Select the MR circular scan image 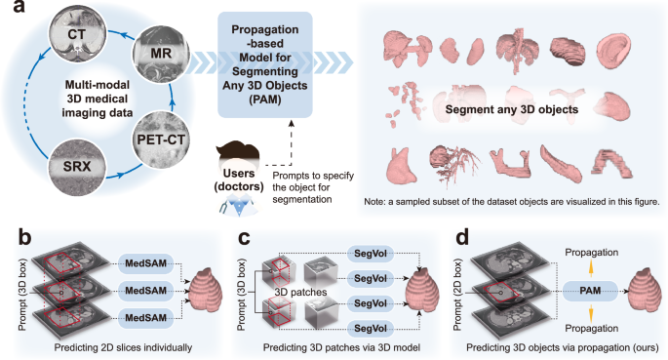(x=158, y=60)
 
